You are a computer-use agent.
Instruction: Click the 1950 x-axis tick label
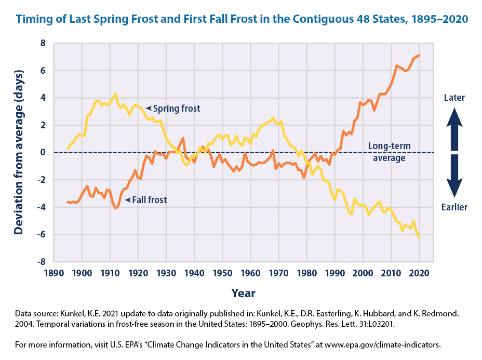coord(222,273)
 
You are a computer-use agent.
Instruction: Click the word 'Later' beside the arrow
coord(455,98)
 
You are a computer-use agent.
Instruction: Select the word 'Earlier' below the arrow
coord(455,207)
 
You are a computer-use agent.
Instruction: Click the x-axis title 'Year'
coord(243,294)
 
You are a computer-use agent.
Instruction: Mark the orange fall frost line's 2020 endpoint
coord(419,55)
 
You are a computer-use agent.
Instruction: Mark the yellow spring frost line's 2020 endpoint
coord(419,237)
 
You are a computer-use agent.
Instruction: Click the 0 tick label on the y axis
coord(43,153)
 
